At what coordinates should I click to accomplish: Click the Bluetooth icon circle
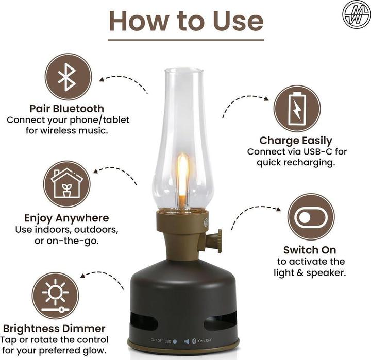coord(68,77)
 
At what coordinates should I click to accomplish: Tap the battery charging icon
coord(297,109)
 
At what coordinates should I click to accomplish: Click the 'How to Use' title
coord(186,21)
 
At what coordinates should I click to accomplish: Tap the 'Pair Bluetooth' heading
coord(67,109)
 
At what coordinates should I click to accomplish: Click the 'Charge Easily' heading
coord(296,140)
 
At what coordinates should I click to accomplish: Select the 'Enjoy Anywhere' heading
coord(67,218)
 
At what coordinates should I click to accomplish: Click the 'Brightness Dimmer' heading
coord(55,329)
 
